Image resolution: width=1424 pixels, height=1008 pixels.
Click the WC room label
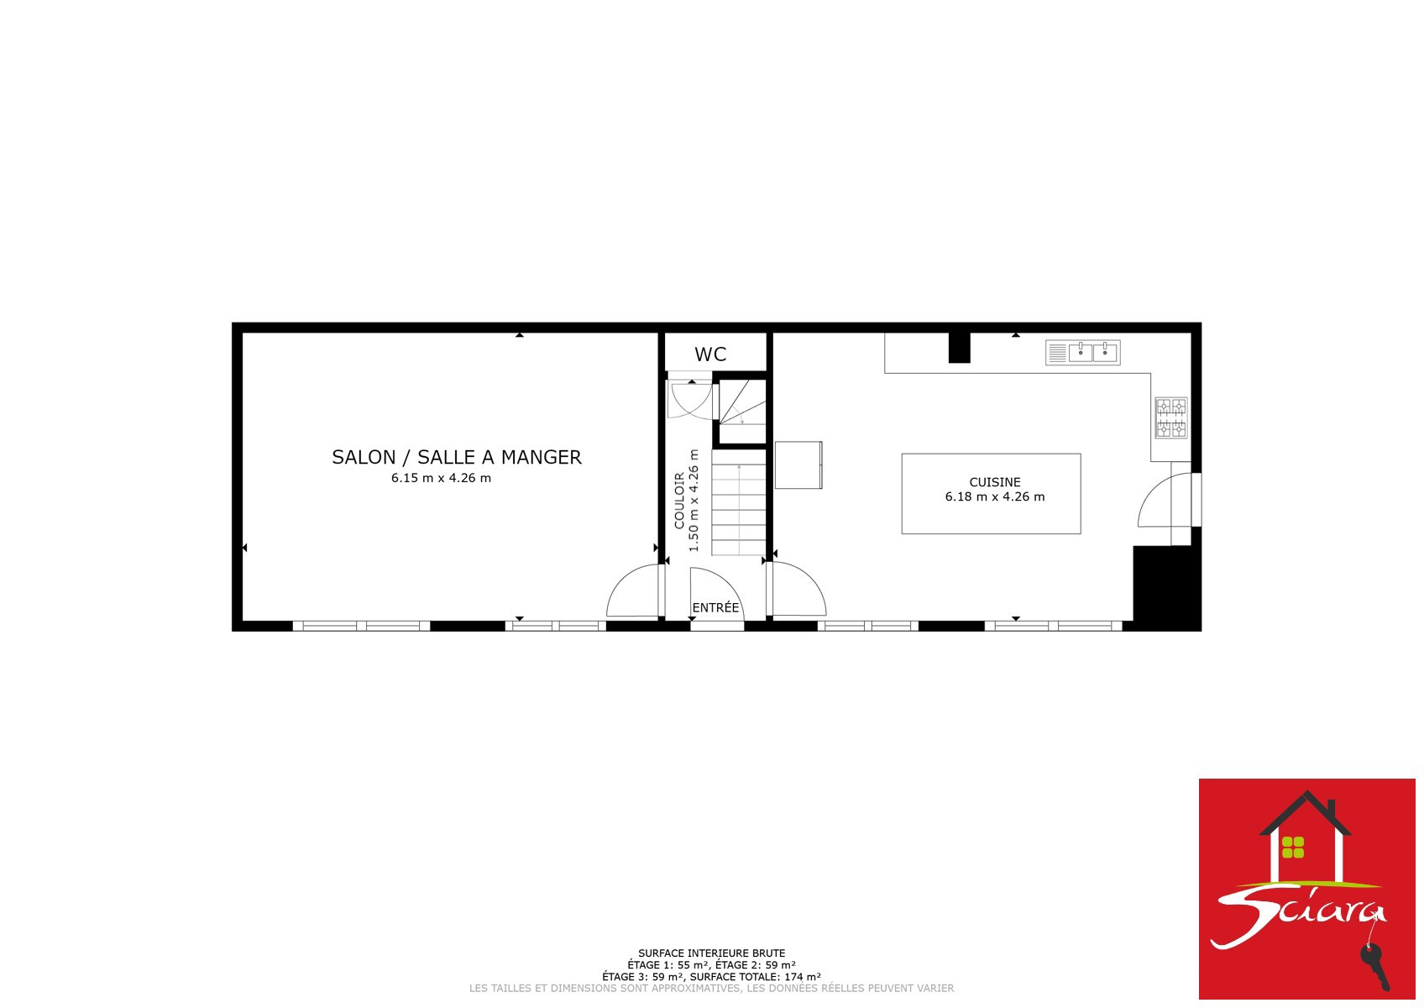(x=710, y=354)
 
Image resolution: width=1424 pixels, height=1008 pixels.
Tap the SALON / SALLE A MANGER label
(x=457, y=457)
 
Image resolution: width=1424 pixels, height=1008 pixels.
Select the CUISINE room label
(x=995, y=482)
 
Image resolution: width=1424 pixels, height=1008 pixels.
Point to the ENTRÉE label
(x=716, y=607)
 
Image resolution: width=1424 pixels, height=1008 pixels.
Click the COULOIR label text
(x=679, y=501)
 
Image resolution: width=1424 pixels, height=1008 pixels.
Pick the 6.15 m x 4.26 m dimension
(x=441, y=478)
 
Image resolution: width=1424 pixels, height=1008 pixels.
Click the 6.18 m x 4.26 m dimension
(x=995, y=496)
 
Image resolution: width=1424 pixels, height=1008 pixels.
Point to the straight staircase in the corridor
(x=739, y=502)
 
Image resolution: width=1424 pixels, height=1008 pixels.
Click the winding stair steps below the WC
(x=742, y=402)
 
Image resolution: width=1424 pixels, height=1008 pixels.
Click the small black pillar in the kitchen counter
(x=960, y=348)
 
